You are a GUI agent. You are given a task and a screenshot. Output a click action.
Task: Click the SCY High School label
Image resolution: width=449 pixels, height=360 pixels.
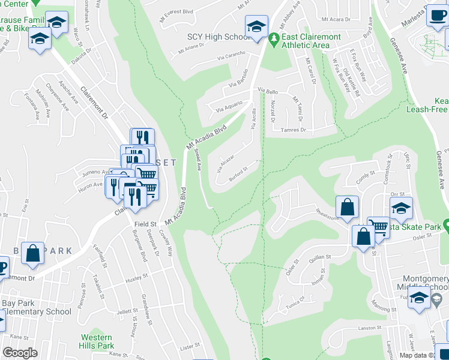(x=218, y=37)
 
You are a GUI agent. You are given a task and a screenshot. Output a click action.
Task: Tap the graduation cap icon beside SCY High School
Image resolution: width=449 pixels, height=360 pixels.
(x=256, y=27)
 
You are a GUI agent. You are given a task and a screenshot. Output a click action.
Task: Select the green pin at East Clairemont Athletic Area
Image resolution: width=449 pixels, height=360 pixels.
(x=274, y=37)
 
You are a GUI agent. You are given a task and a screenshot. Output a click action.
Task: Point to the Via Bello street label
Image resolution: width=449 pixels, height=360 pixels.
(x=269, y=91)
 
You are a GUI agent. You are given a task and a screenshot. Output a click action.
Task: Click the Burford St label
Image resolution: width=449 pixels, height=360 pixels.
(x=238, y=174)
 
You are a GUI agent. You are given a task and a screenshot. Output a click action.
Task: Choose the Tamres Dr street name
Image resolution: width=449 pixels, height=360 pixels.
(x=294, y=130)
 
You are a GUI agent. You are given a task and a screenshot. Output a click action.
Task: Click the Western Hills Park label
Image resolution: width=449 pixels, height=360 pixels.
(x=97, y=341)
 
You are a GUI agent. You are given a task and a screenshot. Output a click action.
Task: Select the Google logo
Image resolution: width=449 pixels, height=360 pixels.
(x=20, y=352)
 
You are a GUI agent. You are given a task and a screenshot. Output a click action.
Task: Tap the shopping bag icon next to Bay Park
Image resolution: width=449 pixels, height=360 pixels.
(x=32, y=253)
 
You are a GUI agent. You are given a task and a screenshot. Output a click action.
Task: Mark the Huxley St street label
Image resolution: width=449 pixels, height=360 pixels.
(x=137, y=280)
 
